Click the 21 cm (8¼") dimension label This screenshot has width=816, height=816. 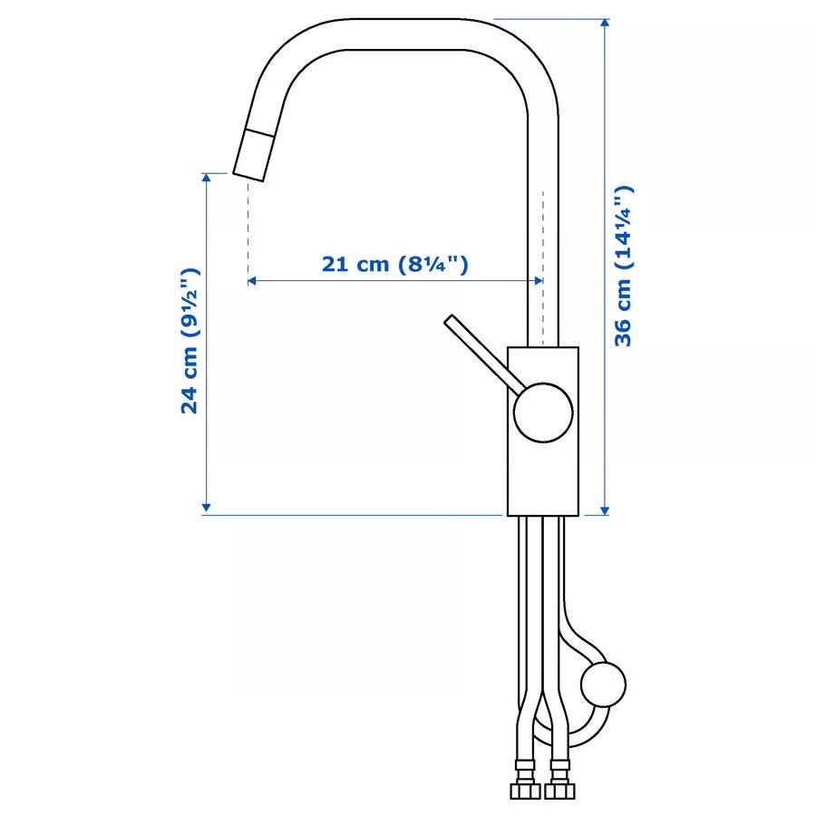pyautogui.click(x=395, y=265)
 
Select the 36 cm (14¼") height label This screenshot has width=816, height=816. pyautogui.click(x=622, y=266)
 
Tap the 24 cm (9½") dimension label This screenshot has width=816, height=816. pyautogui.click(x=189, y=341)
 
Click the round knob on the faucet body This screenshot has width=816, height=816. pyautogui.click(x=543, y=413)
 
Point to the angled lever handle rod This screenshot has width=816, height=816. pyautogui.click(x=484, y=351)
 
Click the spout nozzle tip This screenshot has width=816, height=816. pyautogui.click(x=253, y=154)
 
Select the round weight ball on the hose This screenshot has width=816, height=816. pyautogui.click(x=603, y=685)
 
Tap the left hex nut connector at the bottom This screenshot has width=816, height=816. pyautogui.click(x=525, y=792)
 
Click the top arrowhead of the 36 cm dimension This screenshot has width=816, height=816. pyautogui.click(x=604, y=23)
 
